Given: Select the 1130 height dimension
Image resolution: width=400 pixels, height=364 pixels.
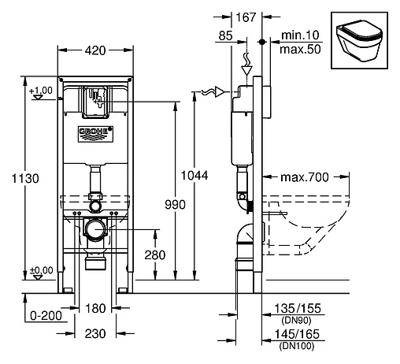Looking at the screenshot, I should (x=22, y=180).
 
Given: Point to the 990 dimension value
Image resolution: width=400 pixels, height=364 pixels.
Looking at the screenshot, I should (x=173, y=205).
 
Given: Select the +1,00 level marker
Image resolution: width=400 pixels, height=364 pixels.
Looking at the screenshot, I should (x=41, y=91).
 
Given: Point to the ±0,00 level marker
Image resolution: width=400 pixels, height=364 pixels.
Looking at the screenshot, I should (x=41, y=269).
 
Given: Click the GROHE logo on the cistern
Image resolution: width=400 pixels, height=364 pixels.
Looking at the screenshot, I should (x=94, y=131).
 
